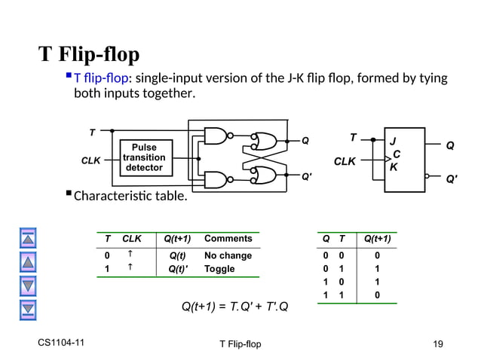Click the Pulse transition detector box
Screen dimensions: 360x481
tap(143, 157)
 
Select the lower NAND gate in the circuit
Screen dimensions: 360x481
tap(217, 180)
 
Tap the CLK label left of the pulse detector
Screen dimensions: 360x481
tap(91, 160)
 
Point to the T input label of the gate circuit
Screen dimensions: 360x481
tap(92, 132)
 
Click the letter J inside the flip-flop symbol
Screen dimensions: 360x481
tap(392, 141)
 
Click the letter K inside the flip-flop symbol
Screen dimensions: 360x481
tap(393, 168)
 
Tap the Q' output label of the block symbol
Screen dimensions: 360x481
tap(452, 180)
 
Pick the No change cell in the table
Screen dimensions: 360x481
tap(228, 255)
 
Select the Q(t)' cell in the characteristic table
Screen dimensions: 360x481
tap(179, 269)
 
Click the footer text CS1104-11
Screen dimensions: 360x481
tap(61, 343)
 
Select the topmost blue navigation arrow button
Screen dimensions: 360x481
tap(28, 239)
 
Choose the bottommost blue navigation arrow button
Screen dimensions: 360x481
tap(28, 308)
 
